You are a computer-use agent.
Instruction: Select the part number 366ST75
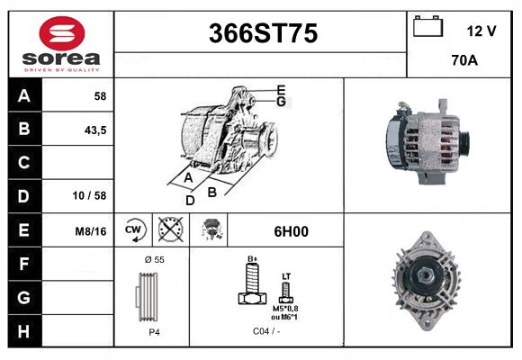tap(263, 33)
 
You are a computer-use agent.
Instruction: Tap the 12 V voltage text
tap(481, 31)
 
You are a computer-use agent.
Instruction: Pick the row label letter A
tap(24, 95)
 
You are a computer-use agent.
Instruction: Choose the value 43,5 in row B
tap(94, 130)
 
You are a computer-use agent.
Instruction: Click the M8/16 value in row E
tap(92, 231)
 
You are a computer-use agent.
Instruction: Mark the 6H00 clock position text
tap(290, 231)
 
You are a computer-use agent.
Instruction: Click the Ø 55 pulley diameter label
tap(154, 258)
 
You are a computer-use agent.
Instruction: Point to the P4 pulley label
tap(155, 331)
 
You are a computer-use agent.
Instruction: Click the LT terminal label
tap(286, 275)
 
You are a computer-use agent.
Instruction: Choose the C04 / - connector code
tap(267, 331)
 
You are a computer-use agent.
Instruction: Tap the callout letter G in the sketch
tap(281, 102)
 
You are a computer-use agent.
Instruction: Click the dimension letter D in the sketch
tap(190, 201)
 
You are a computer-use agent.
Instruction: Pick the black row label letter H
tap(24, 331)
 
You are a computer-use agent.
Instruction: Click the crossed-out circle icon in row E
tap(168, 230)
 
